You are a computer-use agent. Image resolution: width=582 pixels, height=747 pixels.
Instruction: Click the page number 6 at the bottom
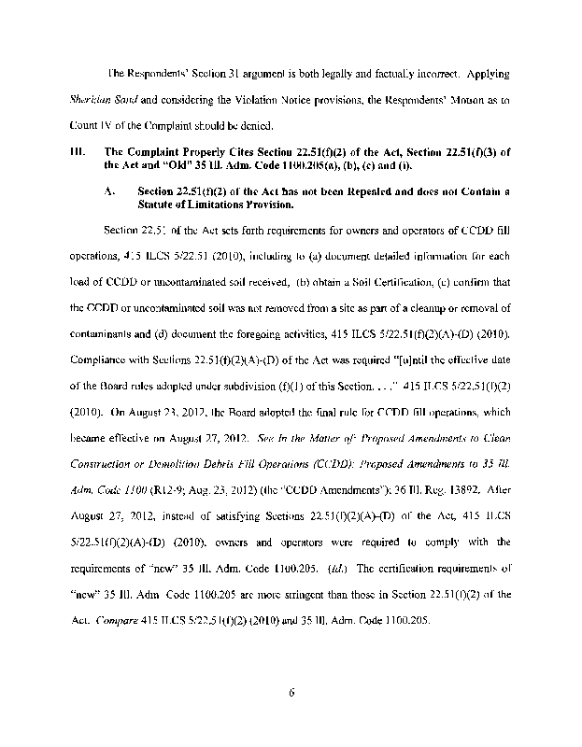[x=291, y=691]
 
